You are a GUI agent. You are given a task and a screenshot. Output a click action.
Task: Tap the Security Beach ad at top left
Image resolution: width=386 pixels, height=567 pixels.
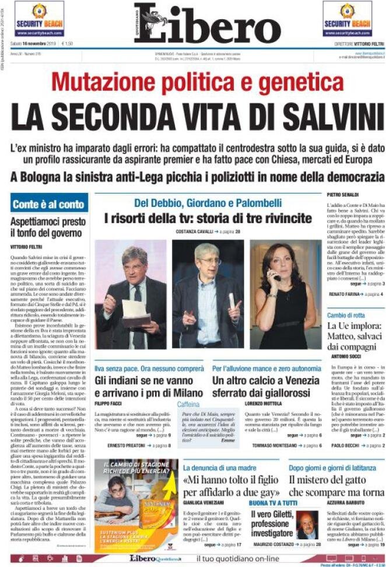coord(39,19)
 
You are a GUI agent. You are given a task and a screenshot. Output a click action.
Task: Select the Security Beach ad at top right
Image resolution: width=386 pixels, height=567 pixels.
coord(348,19)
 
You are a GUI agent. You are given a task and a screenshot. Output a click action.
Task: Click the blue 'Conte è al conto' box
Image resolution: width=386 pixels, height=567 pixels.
coord(49,204)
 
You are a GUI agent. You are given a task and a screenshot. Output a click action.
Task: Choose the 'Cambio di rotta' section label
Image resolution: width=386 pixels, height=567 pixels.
coord(345,315)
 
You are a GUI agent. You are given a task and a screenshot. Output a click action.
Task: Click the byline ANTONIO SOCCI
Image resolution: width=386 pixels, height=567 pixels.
coord(346,356)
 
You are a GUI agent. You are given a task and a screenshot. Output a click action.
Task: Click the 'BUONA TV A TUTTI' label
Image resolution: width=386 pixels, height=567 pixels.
coord(273,503)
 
